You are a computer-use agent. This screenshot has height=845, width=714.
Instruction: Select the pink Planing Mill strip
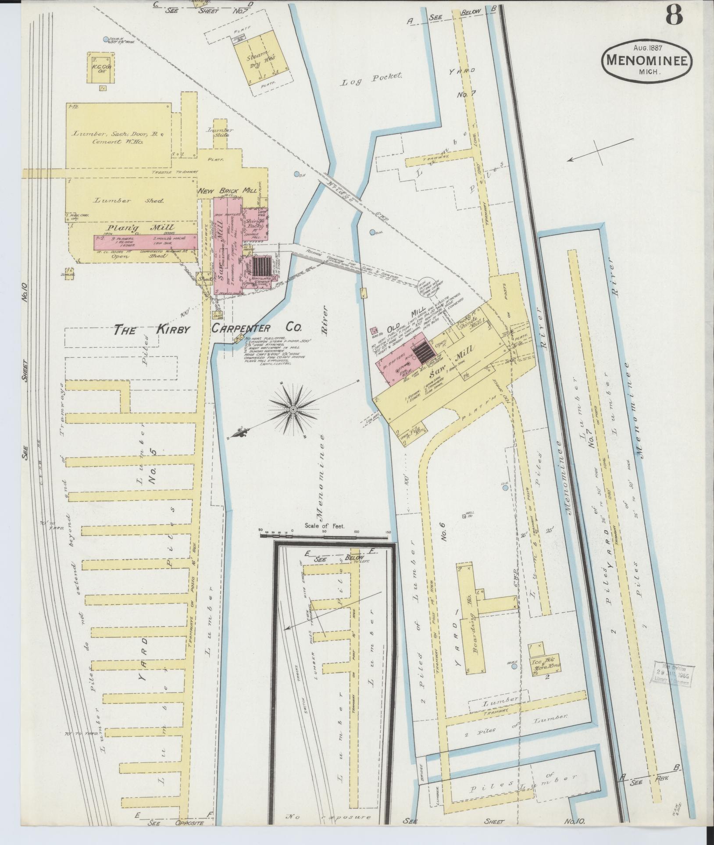[145, 242]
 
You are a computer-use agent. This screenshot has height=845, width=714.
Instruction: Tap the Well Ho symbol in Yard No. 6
[464, 516]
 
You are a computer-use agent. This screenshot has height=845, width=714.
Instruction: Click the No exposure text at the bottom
[329, 817]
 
